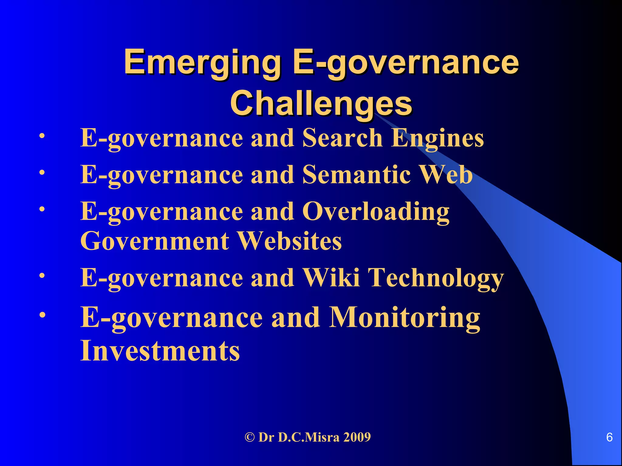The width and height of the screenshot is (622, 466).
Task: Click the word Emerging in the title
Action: point(202,62)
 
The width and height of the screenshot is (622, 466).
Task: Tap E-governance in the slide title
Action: point(405,62)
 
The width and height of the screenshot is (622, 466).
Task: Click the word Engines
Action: point(437,138)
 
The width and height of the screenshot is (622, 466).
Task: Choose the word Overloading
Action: point(376,211)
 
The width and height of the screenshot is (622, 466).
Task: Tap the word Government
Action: point(155,241)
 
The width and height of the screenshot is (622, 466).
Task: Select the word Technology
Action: point(436,278)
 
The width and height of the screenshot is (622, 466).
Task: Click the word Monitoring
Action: point(405,317)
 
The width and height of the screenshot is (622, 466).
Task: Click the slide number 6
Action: point(609,437)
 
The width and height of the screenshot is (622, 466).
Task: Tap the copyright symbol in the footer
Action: point(249,437)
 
